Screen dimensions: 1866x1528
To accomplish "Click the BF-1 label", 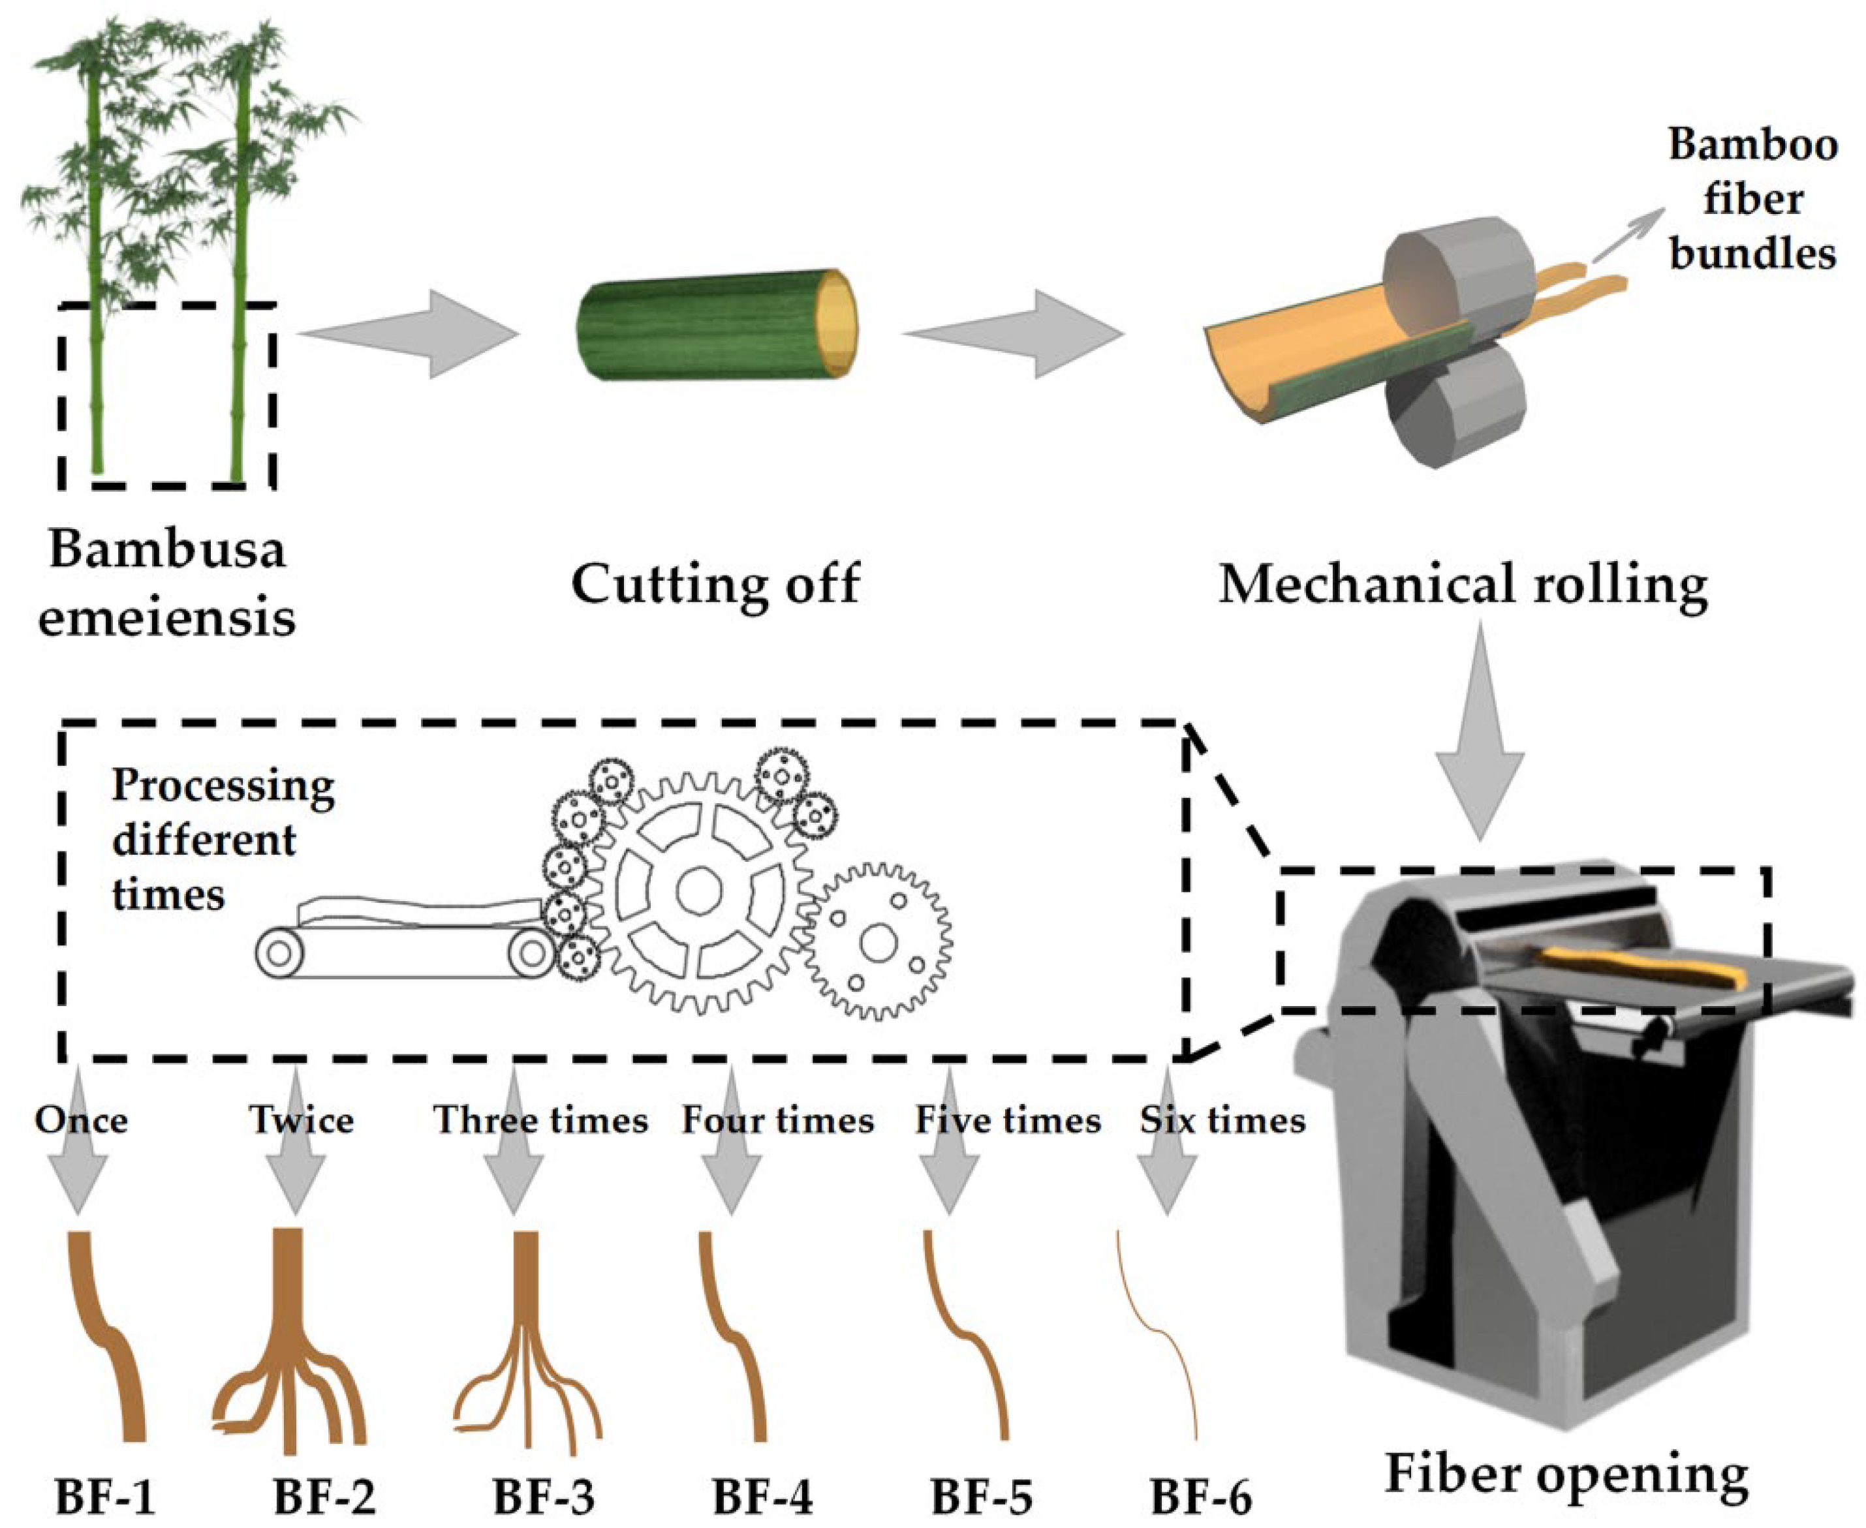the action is pos(105,1495).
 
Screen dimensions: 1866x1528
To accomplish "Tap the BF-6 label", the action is pos(1201,1495).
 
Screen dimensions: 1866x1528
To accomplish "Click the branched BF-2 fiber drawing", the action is pos(289,1338).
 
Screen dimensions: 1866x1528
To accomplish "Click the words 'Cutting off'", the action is pos(715,583).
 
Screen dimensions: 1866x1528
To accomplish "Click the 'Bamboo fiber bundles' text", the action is pos(1752,199).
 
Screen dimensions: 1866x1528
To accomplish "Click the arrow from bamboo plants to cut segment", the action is pos(408,333).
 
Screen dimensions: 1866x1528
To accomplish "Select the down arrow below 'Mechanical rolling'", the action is pos(1480,731).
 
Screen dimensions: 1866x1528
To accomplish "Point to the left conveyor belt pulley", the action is pos(279,953).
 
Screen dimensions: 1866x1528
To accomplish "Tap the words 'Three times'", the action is pos(540,1120).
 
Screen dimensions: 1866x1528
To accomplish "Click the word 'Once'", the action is pos(81,1120).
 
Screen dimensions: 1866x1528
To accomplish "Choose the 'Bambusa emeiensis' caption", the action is pos(166,582).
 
